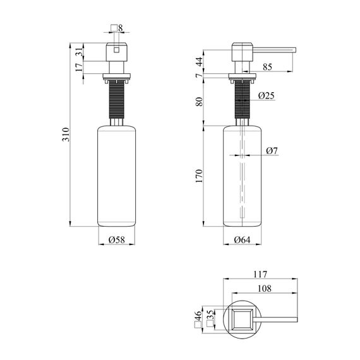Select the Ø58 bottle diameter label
coord(116,239)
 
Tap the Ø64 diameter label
coord(242,239)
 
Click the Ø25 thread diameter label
coord(267,96)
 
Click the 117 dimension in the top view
coord(260,274)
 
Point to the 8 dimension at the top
coord(121,28)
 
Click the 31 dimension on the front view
coord(78,52)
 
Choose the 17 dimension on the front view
coord(78,68)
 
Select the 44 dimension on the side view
coord(199,61)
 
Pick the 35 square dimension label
coord(211,316)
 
